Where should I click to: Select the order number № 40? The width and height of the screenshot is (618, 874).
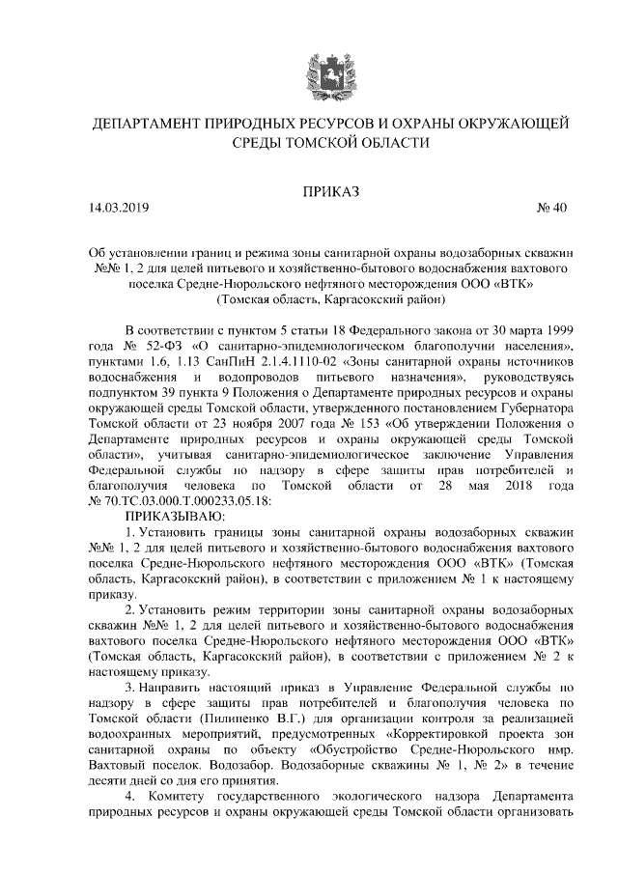tap(550, 208)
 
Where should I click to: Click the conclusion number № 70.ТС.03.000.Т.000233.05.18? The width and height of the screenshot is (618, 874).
tap(182, 500)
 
